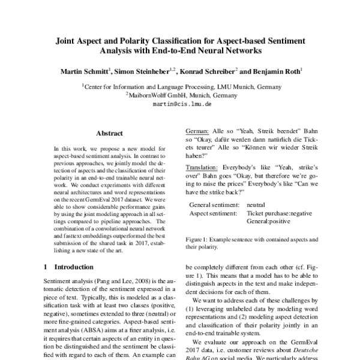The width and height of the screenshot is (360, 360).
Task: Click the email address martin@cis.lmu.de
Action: click(x=181, y=103)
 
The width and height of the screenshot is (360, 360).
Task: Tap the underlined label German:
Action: click(x=199, y=131)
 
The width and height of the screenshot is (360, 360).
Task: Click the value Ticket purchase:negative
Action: click(x=279, y=214)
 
